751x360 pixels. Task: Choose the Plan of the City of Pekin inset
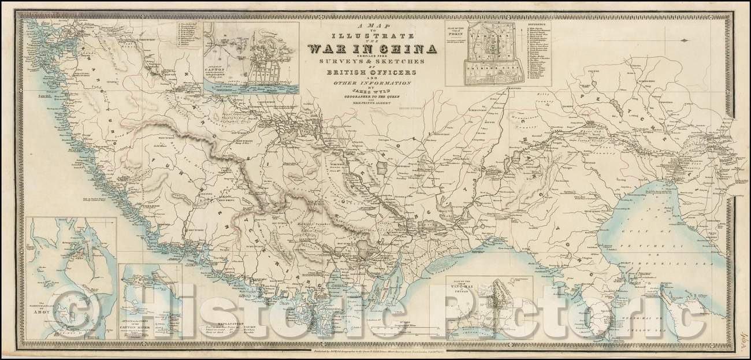(x=491, y=55)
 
